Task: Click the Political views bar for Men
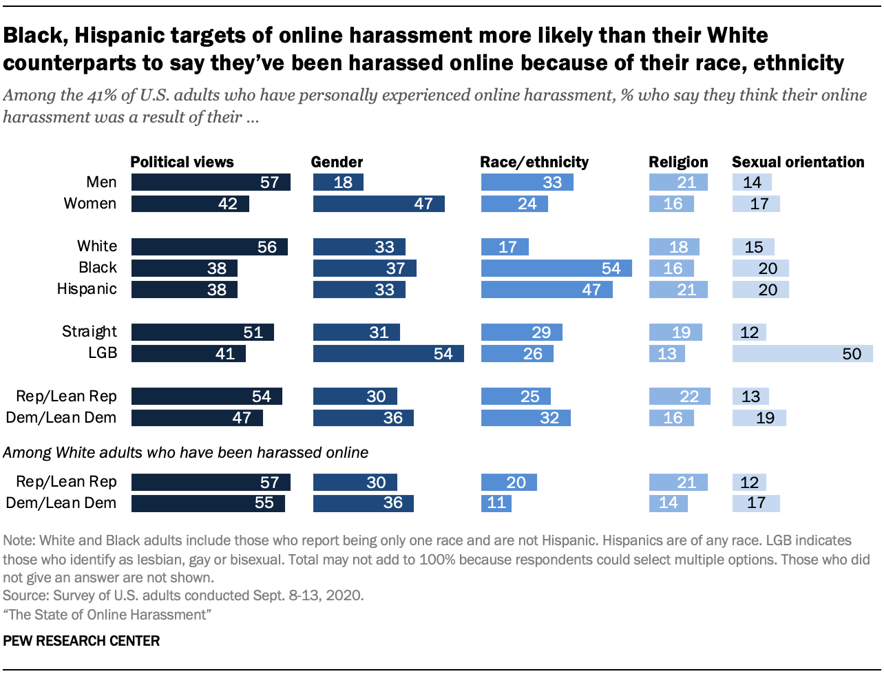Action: click(x=211, y=182)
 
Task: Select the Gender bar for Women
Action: click(x=379, y=204)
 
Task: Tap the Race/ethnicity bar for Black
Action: click(x=556, y=268)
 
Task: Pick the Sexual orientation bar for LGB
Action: click(x=802, y=354)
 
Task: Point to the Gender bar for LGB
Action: click(x=388, y=354)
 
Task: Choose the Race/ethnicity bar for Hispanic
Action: click(x=547, y=290)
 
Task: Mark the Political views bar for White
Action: click(x=209, y=247)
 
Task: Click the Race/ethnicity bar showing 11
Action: click(x=496, y=503)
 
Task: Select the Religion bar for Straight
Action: click(x=675, y=332)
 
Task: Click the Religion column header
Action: click(x=678, y=162)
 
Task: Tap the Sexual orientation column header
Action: click(x=798, y=162)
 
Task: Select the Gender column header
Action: click(x=337, y=162)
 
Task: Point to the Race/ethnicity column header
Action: click(x=534, y=162)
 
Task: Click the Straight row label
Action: click(x=90, y=332)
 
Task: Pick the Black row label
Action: click(x=98, y=268)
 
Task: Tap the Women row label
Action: click(x=90, y=204)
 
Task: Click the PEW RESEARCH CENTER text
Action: click(x=81, y=641)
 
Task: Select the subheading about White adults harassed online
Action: click(x=186, y=453)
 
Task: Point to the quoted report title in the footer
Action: click(x=107, y=615)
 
